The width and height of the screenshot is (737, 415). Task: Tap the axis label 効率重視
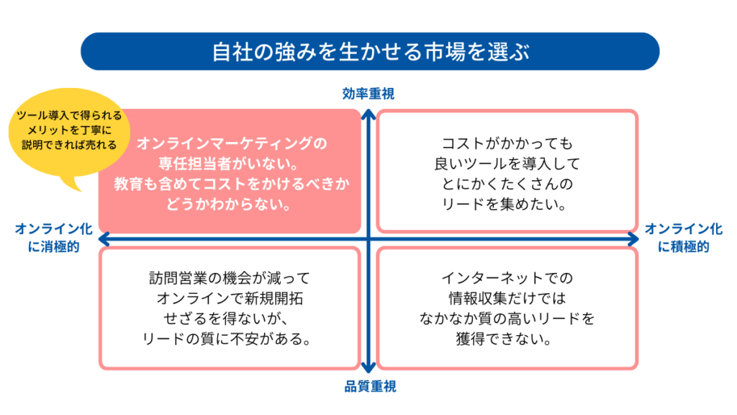coord(368,93)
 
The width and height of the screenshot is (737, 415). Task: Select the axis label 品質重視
coord(368,387)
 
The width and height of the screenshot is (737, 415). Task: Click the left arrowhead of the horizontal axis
coord(102,238)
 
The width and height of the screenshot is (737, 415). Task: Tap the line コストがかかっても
coord(507,143)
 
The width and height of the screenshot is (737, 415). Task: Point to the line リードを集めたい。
coord(507,204)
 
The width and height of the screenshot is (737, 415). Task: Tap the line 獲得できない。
coord(507,339)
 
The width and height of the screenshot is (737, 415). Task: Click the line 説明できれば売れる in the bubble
coord(69,145)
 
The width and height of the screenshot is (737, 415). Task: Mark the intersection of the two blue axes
coord(368,238)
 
